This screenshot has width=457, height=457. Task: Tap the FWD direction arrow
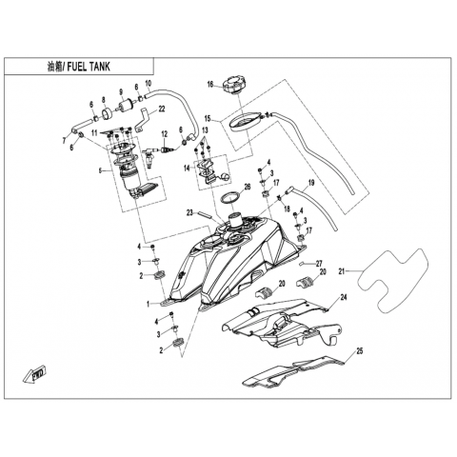pyautogui.click(x=35, y=375)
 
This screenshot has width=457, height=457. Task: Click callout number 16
pyautogui.click(x=210, y=84)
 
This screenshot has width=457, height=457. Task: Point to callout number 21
pyautogui.click(x=342, y=271)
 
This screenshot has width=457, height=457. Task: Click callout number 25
pyautogui.click(x=359, y=351)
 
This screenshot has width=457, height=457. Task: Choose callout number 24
pyautogui.click(x=344, y=297)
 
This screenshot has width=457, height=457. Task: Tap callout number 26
pyautogui.click(x=248, y=187)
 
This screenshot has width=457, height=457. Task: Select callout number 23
pyautogui.click(x=189, y=213)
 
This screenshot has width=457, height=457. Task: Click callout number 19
pyautogui.click(x=311, y=183)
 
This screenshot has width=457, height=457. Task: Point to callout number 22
pyautogui.click(x=162, y=109)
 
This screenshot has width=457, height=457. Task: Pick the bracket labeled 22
pyautogui.click(x=143, y=120)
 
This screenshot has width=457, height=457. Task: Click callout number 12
pyautogui.click(x=164, y=134)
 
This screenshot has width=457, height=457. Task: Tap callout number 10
pyautogui.click(x=149, y=84)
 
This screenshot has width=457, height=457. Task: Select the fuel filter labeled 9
pyautogui.click(x=126, y=105)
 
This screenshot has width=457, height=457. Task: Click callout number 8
pyautogui.click(x=103, y=99)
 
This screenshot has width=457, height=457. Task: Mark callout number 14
pyautogui.click(x=187, y=168)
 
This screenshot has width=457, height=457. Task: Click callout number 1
pyautogui.click(x=148, y=305)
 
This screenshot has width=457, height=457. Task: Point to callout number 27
pyautogui.click(x=319, y=263)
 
